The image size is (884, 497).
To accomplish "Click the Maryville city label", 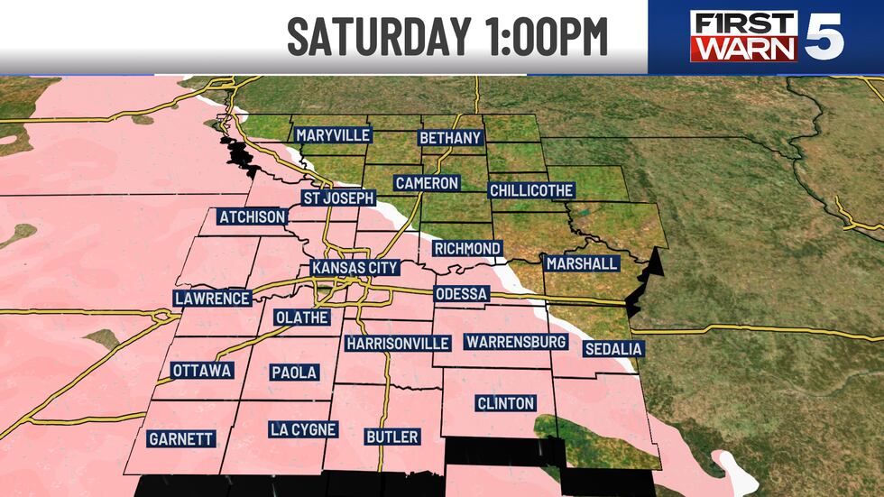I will tap(334, 135).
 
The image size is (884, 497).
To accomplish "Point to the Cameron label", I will tap(428, 183).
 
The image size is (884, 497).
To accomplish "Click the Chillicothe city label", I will tap(531, 190).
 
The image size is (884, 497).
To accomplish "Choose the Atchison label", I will tap(253, 217).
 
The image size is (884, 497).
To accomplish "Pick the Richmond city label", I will tap(466, 248).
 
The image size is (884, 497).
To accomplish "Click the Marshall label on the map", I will tap(582, 263).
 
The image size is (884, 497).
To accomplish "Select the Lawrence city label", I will tap(212, 299).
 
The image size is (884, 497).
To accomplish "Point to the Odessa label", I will tap(461, 294).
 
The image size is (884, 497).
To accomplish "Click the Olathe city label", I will tap(302, 318).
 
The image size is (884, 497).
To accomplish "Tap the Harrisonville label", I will tap(398, 344).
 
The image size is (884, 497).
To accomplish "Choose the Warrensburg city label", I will tap(515, 342).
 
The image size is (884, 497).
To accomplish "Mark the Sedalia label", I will tap(612, 348).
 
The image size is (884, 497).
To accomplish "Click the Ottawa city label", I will tap(202, 371).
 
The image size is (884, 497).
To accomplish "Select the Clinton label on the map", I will tap(505, 403).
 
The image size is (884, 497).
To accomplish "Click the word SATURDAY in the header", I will tap(380, 37).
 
